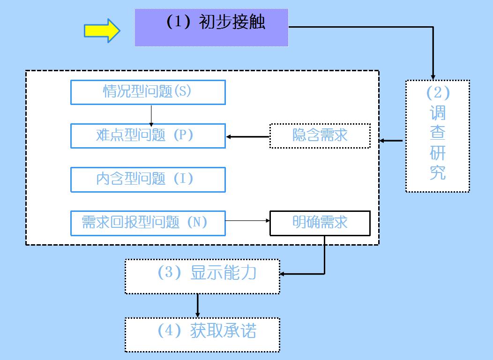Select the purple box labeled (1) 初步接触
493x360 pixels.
tap(211, 27)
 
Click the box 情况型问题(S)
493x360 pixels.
tap(148, 92)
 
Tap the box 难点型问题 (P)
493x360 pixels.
tap(148, 136)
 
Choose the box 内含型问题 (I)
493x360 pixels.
tap(148, 180)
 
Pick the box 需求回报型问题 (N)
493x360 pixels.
tap(148, 223)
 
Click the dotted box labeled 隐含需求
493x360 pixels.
tap(320, 136)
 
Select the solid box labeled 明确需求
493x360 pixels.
tap(320, 223)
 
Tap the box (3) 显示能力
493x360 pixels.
tap(202, 277)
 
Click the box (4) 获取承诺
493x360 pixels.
tap(202, 335)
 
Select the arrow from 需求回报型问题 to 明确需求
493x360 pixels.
tap(247, 220)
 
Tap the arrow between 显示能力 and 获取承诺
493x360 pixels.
tap(198, 306)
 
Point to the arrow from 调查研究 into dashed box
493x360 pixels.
tap(391, 141)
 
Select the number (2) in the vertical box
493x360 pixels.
tap(438, 93)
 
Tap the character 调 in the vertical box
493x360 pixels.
tap(438, 113)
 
